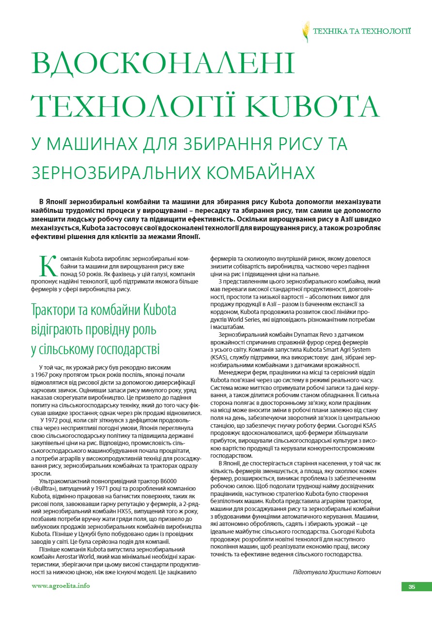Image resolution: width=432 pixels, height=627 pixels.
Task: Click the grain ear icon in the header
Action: point(306,31)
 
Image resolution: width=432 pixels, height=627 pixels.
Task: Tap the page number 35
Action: point(412,587)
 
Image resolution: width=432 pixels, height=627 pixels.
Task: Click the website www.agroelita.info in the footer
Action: point(61,586)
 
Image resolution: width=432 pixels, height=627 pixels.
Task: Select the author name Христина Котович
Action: point(357,572)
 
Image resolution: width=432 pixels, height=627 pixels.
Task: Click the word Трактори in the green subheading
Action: point(52,310)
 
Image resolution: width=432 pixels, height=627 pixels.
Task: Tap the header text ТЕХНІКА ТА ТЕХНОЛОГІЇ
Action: point(362,31)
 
